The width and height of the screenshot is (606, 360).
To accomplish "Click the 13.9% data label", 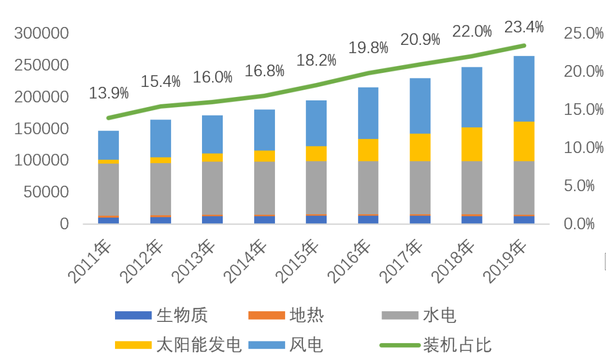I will pyautogui.click(x=109, y=93).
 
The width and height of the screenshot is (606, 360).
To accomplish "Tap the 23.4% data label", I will pyautogui.click(x=524, y=26).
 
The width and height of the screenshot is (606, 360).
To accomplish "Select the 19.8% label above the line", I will pyautogui.click(x=368, y=48).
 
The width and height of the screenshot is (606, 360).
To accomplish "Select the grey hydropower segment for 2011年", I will pyautogui.click(x=108, y=189).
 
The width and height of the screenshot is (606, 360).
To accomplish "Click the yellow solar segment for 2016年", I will pyautogui.click(x=368, y=150).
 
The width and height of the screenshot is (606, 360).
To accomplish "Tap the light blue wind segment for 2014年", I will pyautogui.click(x=264, y=130).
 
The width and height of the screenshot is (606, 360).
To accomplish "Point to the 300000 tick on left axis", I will pyautogui.click(x=42, y=34).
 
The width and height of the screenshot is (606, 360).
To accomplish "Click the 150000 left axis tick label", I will pyautogui.click(x=42, y=129).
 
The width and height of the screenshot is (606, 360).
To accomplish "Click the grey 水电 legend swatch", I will pyautogui.click(x=400, y=316).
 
